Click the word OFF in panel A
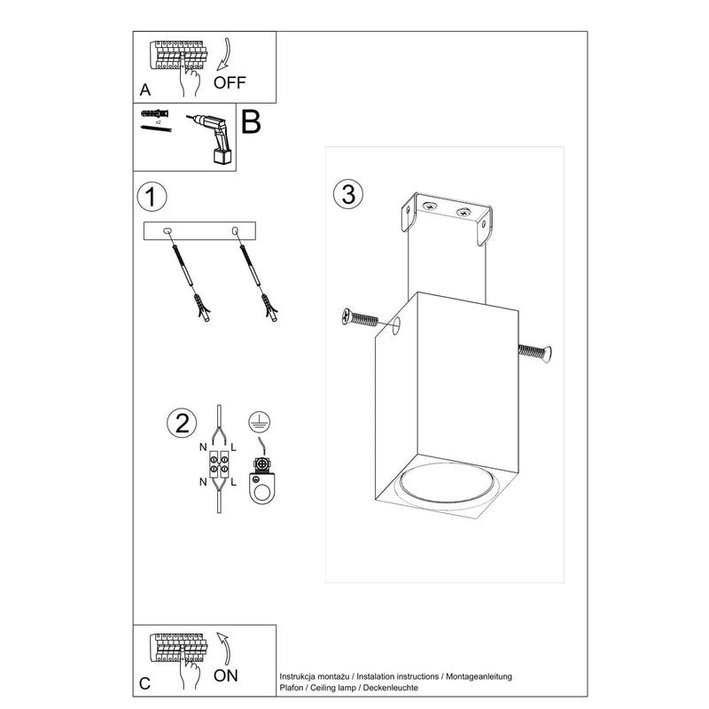[x=230, y=84]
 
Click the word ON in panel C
[x=227, y=676]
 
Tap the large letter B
[x=251, y=122]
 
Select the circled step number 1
[x=152, y=197]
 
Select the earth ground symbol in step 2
[x=259, y=424]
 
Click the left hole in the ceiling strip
[x=168, y=231]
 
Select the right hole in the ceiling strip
[x=235, y=231]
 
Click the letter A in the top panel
[x=145, y=90]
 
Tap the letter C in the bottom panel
[x=145, y=683]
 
